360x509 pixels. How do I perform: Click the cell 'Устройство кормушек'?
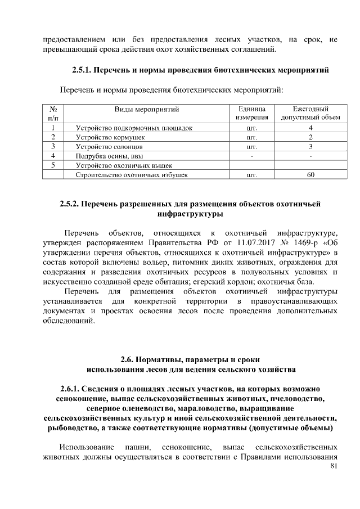pyautogui.click(x=111, y=137)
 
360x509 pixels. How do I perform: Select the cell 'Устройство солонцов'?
pyautogui.click(x=110, y=146)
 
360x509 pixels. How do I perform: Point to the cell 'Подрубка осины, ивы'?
pyautogui.click(x=109, y=156)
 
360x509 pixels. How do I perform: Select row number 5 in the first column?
pyautogui.click(x=53, y=165)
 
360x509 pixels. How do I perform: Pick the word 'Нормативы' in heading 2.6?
pyautogui.click(x=163, y=359)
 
